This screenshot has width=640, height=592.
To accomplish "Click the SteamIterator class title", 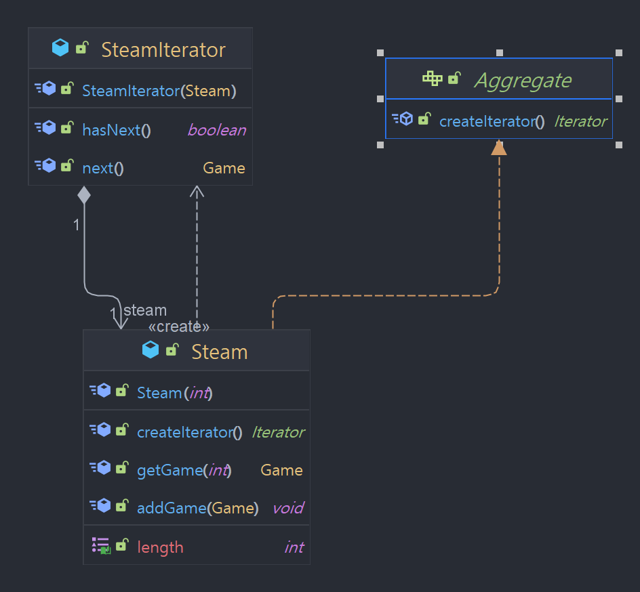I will click(x=163, y=49).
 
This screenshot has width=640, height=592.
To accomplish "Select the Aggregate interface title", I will click(x=523, y=81).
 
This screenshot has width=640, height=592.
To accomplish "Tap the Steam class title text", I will click(x=219, y=352).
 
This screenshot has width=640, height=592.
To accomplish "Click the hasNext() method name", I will click(x=116, y=130).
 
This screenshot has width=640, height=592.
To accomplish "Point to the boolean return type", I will click(x=216, y=130).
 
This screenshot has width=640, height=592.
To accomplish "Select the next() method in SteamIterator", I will click(x=102, y=168).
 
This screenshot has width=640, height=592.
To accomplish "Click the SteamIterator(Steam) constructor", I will click(x=159, y=91).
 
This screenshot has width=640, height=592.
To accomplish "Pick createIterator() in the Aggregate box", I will click(x=492, y=121).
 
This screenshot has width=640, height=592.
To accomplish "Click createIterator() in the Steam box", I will click(x=189, y=432).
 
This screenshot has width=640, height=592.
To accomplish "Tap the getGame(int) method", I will click(x=184, y=470).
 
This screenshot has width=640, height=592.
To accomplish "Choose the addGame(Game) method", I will click(x=197, y=508).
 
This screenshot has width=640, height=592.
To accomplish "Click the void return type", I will click(x=287, y=508).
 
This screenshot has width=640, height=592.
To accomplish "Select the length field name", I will click(x=160, y=547).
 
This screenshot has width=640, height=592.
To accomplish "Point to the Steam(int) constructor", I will click(x=175, y=393).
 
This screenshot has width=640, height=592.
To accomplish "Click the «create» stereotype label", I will click(x=179, y=326).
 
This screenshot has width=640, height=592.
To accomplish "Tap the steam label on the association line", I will click(x=145, y=310).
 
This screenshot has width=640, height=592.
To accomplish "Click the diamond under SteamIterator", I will click(x=83, y=195).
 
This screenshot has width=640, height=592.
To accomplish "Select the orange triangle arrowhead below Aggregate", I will click(x=499, y=147).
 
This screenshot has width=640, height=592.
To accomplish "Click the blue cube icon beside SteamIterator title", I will click(x=60, y=48).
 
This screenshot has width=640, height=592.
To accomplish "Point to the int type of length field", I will click(x=294, y=547).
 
